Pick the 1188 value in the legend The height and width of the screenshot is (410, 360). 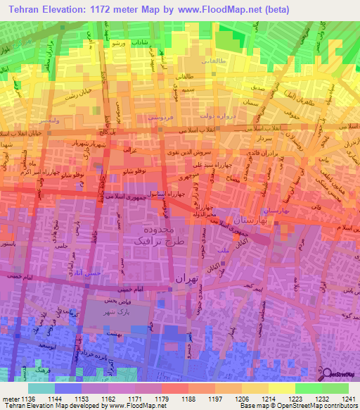[x=187, y=398]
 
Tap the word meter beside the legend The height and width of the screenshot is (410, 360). [x=11, y=398]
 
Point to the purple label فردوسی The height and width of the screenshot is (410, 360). [x=162, y=118]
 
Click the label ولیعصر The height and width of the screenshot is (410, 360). [x=43, y=120]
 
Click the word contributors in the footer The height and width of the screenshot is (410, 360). [x=341, y=406]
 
